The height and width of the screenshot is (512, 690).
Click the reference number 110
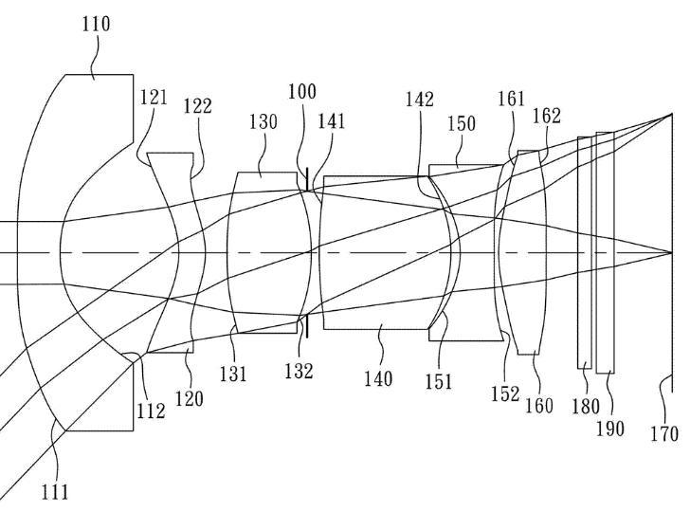point(94,24)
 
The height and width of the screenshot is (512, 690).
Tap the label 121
point(153,97)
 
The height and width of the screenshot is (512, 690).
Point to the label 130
point(263,121)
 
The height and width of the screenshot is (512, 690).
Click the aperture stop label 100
point(302,92)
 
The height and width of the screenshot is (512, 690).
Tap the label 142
point(419,99)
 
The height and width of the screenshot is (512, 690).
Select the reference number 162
point(547,116)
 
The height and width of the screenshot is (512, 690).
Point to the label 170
point(664,433)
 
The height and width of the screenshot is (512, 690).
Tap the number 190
point(609,428)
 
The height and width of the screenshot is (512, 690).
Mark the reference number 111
point(54,490)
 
